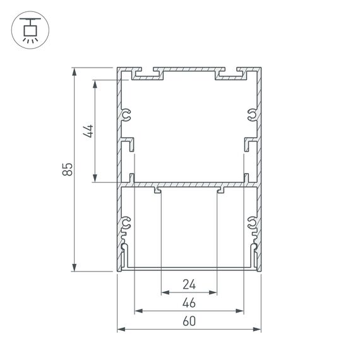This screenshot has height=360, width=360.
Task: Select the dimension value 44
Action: tap(89, 131)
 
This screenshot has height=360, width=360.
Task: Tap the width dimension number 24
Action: tap(189, 284)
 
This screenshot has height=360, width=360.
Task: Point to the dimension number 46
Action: tap(189, 303)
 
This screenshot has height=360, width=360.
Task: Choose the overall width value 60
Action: tap(189, 321)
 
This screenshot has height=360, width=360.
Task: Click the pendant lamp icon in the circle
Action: tap(28, 30)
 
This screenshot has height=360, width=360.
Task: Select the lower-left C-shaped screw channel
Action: tap(126, 223)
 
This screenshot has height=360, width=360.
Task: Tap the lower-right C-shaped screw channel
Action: tap(252, 223)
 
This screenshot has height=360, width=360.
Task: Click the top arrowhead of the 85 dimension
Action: tap(76, 69)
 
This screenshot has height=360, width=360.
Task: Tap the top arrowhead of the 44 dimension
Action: tap(95, 83)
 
